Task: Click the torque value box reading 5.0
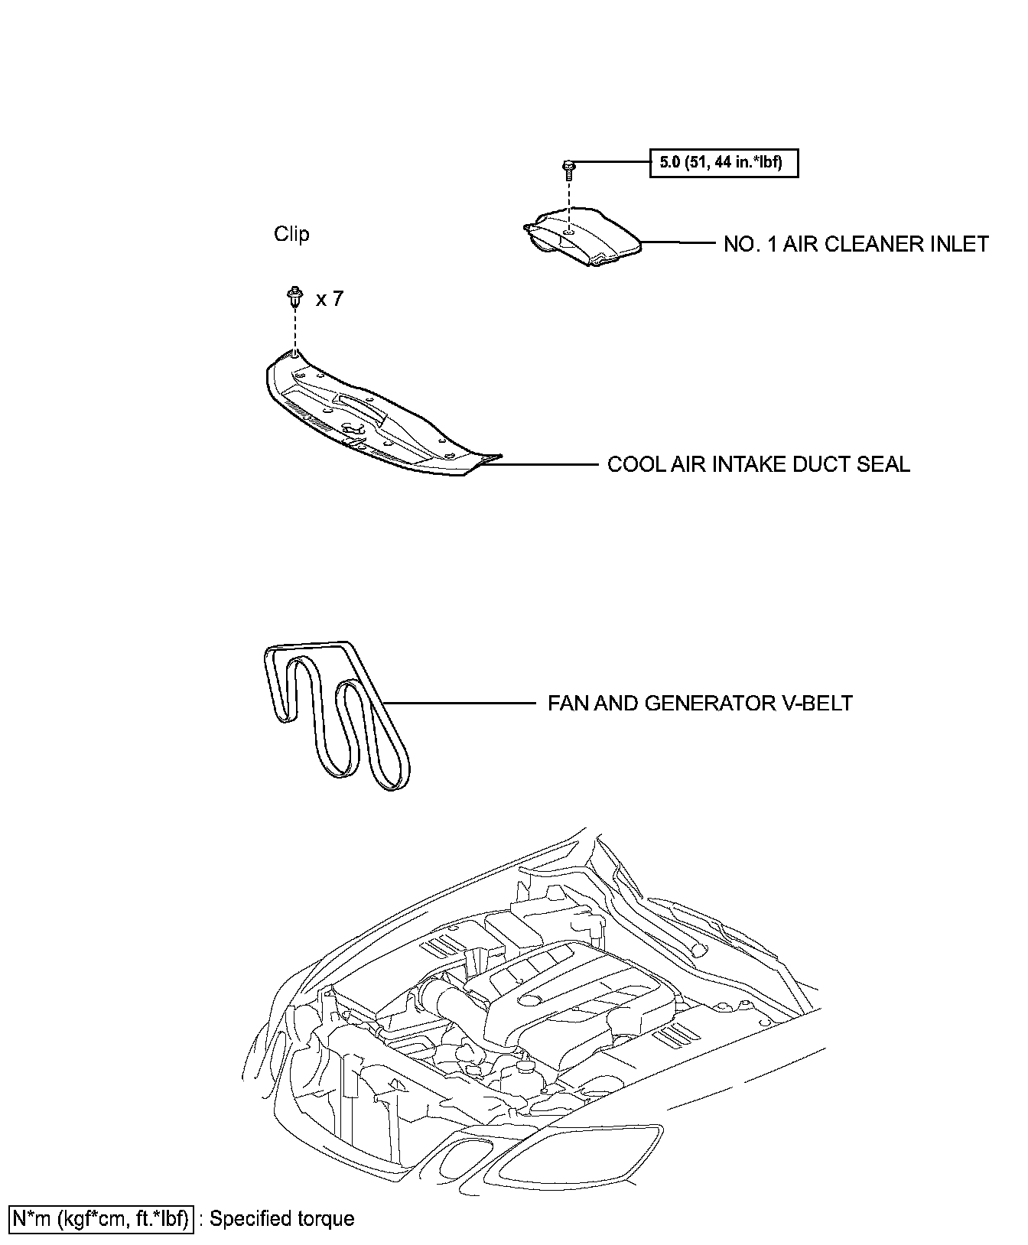click(724, 163)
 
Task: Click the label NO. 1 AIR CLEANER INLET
click(856, 244)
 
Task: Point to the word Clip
click(291, 234)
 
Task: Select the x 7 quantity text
click(330, 299)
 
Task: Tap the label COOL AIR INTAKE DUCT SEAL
click(758, 464)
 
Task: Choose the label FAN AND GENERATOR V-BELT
click(700, 703)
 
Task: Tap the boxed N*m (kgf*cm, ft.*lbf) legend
click(99, 1218)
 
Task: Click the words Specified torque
click(281, 1218)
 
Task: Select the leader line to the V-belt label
click(459, 703)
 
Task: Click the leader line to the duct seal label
click(547, 464)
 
